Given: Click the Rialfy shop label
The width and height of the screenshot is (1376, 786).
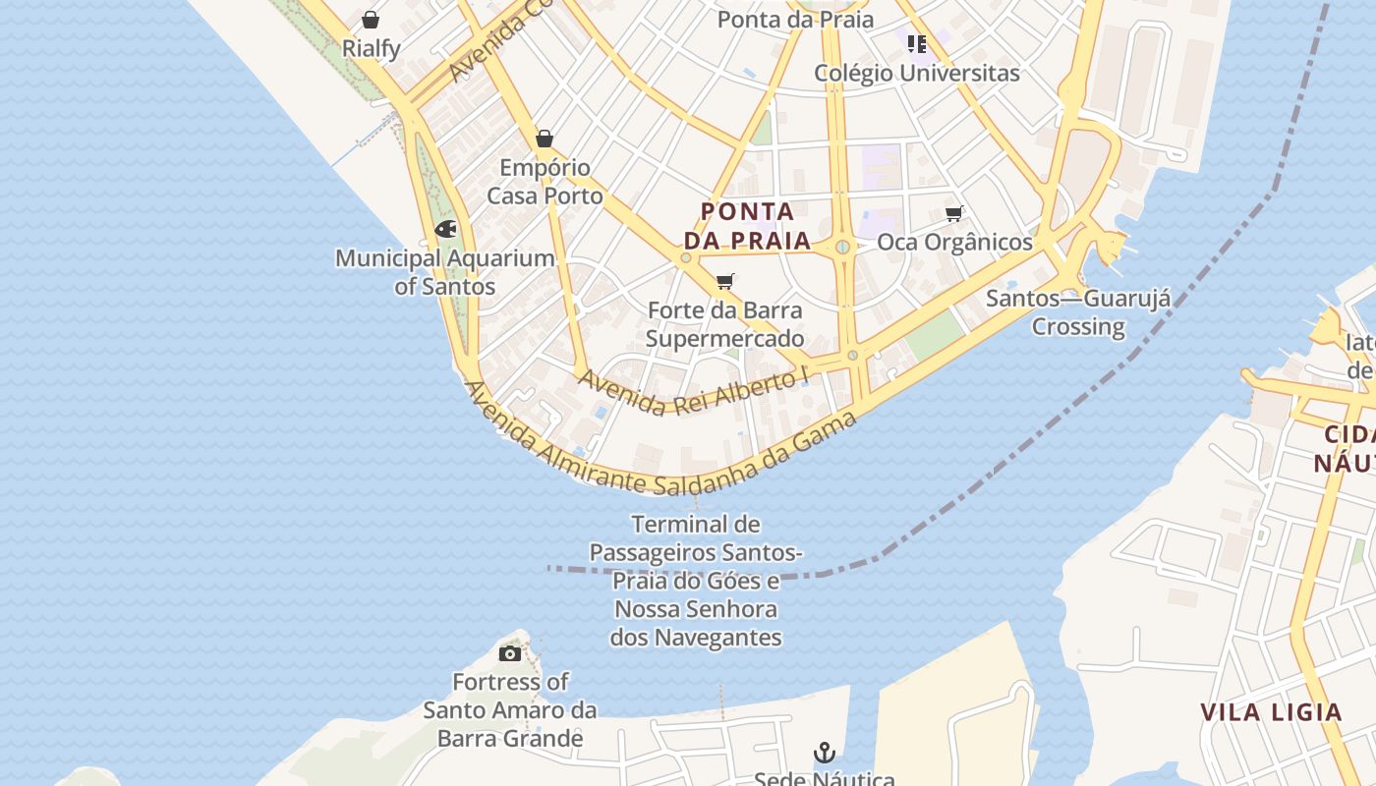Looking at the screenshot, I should coord(371,48).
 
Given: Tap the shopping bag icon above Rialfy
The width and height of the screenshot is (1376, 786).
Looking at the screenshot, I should coord(371,20).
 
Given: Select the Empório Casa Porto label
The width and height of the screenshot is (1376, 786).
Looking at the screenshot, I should coord(545,182).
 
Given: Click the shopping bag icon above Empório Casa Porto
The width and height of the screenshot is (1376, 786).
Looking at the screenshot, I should coord(545,139).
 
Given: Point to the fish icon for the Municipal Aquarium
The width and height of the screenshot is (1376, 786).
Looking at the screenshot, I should coord(445,230).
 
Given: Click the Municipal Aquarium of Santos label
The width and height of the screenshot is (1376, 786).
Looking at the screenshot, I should coord(445,272).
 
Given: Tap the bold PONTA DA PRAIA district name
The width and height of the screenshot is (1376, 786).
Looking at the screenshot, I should coord(747,226).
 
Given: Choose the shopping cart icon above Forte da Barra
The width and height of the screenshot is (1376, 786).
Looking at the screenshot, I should coord(725,282).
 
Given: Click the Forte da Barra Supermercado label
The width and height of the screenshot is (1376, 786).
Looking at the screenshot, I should coord(725,325).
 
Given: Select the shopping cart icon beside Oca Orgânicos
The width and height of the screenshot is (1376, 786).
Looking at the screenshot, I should coord(953,213).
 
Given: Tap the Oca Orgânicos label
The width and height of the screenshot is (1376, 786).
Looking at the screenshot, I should coord(954,242).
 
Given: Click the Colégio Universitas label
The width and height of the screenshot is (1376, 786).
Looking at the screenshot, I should coord(917,73).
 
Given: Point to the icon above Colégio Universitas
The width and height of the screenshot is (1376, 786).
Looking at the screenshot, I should coord(917,43).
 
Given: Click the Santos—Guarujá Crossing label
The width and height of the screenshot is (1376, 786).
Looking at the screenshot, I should coord(1078,312).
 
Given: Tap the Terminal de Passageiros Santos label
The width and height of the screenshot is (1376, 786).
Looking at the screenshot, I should coord(696,580).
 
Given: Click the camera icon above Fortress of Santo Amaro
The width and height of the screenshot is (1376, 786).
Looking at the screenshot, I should coord(510,653).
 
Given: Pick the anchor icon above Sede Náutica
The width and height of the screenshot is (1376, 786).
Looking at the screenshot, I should coord(825,753).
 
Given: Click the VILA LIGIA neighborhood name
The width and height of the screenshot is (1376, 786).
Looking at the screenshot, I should coord(1271,712).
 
